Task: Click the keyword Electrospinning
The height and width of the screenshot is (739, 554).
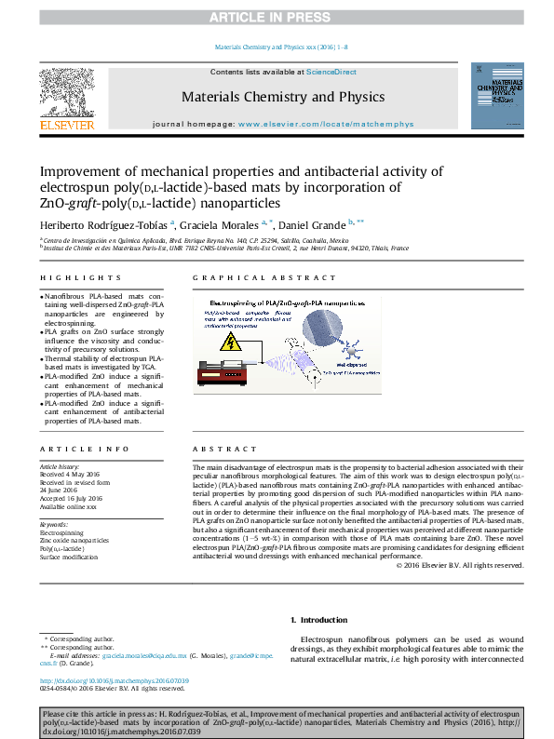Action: point(61,531)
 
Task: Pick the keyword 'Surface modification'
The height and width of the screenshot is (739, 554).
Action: point(68,557)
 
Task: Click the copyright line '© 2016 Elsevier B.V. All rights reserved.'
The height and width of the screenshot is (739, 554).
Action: point(458,565)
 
